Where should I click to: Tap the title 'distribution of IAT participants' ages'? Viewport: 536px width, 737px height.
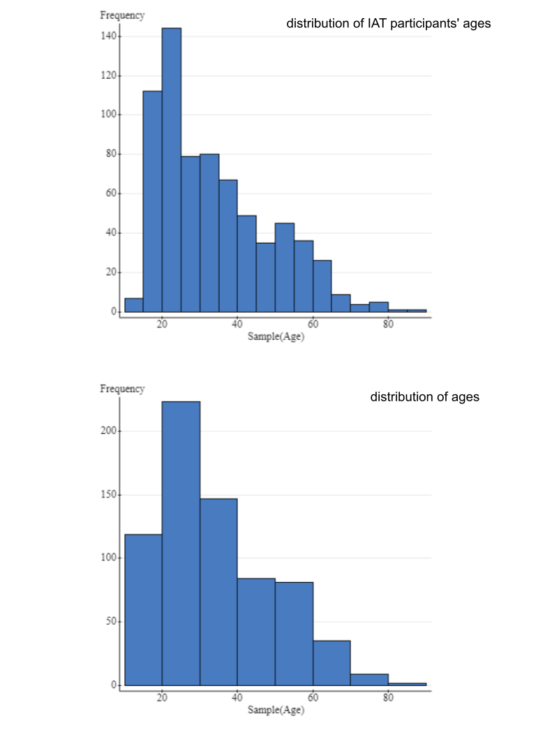[x=389, y=24]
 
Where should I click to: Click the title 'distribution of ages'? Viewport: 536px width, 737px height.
[x=424, y=397]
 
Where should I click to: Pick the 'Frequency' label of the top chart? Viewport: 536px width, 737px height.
[x=122, y=15]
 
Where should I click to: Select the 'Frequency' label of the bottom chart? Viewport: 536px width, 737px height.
[x=122, y=389]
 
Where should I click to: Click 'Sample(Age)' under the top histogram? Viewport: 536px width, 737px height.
[x=276, y=336]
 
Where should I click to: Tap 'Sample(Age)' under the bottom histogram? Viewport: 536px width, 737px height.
[x=276, y=710]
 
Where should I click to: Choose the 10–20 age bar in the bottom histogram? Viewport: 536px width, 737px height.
[x=143, y=610]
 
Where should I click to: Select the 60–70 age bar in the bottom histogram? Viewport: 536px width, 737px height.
[x=332, y=663]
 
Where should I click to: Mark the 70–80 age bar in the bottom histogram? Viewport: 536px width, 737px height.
[x=369, y=679]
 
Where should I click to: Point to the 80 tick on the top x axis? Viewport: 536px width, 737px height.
[x=388, y=324]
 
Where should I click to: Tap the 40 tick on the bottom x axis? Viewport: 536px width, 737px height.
[x=237, y=697]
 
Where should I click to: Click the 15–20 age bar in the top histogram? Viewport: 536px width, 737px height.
[x=152, y=202]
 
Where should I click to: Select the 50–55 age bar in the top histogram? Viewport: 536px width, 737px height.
[x=284, y=269]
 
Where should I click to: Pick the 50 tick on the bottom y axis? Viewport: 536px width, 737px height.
[x=110, y=622]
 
